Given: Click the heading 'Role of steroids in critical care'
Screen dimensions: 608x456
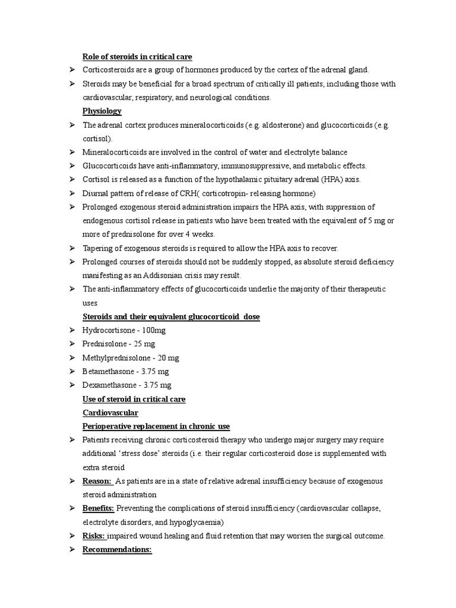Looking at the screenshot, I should (x=137, y=57).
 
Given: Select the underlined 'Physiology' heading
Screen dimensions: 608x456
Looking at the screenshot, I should (x=102, y=111).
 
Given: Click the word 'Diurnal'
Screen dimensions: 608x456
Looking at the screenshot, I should (x=96, y=194).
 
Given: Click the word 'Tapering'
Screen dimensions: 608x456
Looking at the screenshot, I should (x=97, y=248).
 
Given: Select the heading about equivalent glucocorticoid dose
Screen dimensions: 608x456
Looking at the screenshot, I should (x=171, y=316).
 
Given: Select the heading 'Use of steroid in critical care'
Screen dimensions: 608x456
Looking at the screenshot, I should (x=134, y=399).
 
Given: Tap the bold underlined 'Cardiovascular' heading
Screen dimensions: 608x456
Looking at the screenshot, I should (x=110, y=413).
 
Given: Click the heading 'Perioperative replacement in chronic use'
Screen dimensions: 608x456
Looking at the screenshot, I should (x=156, y=426).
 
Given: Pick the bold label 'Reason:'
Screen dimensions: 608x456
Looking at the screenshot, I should (x=97, y=481).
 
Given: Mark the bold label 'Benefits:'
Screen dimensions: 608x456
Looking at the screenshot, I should (x=99, y=508).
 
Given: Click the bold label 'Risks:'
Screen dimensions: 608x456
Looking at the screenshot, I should (x=94, y=536).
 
